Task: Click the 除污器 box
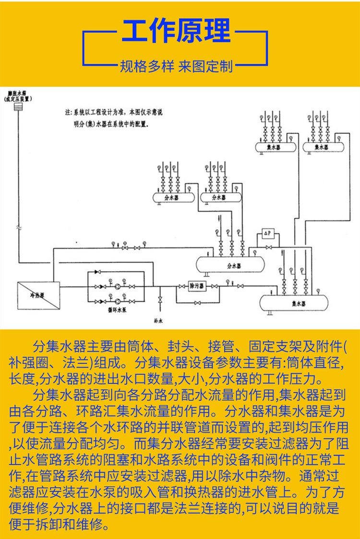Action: [197, 286]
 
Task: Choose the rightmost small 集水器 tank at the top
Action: [322, 146]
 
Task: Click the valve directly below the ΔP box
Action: [269, 248]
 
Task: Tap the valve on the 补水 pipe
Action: [160, 301]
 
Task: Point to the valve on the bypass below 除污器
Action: [197, 303]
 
